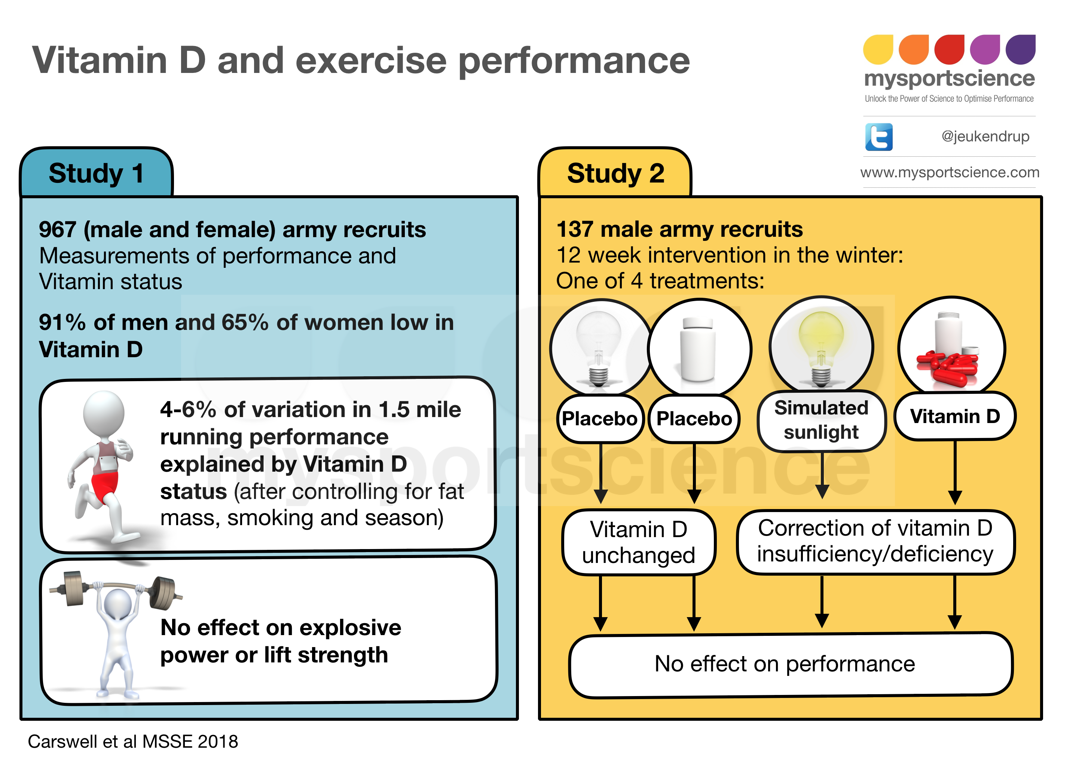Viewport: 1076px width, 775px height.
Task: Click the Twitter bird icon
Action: click(878, 137)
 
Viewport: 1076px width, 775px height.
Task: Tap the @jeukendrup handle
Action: click(985, 137)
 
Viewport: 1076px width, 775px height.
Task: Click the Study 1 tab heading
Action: click(96, 173)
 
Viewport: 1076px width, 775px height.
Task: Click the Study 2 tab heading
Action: click(615, 173)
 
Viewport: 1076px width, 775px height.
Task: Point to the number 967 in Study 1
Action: click(57, 230)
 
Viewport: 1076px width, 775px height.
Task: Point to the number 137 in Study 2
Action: click(575, 230)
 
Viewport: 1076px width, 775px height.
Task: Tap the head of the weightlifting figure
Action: click(117, 603)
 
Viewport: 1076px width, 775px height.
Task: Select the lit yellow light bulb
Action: click(821, 349)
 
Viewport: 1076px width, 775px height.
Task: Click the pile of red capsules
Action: click(947, 367)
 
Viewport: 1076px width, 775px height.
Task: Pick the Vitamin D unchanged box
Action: click(639, 542)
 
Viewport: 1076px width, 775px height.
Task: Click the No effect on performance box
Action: click(791, 665)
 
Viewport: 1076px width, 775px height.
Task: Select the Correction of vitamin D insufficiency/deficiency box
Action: click(875, 542)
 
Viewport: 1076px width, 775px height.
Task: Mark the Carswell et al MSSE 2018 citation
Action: click(133, 741)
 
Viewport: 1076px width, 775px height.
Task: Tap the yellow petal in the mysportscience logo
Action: click(878, 49)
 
